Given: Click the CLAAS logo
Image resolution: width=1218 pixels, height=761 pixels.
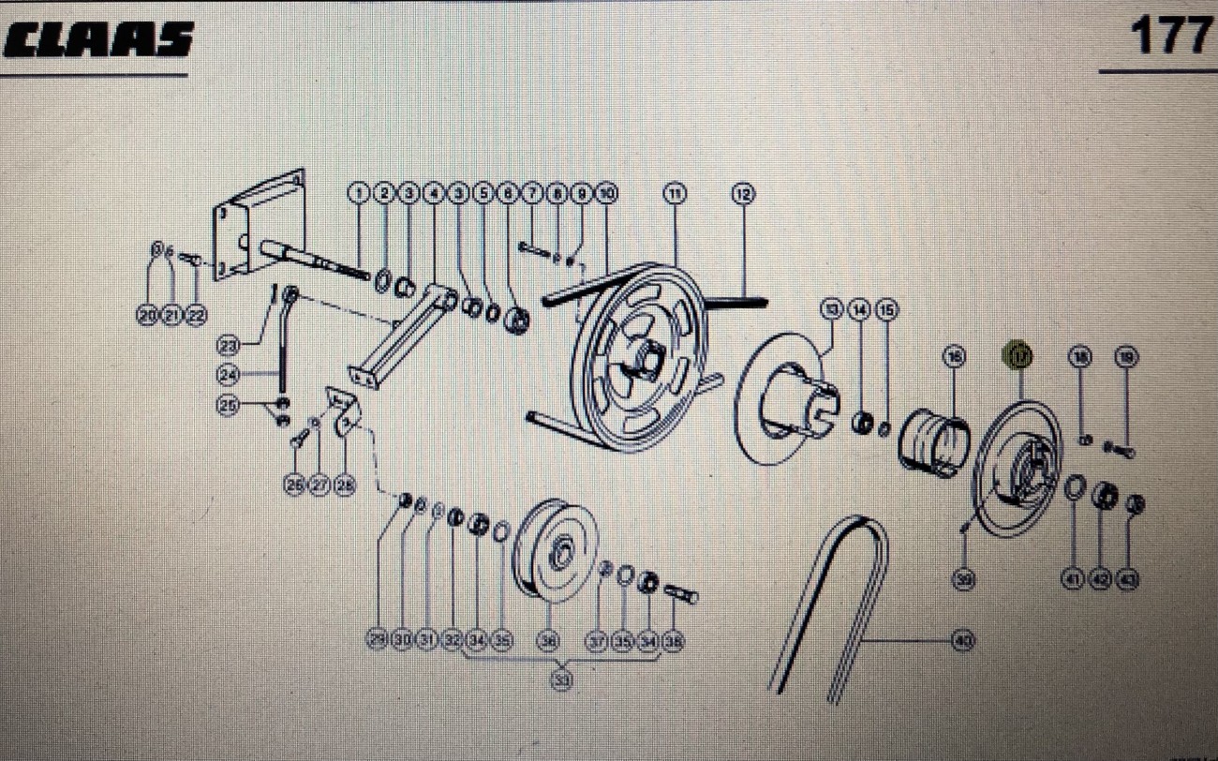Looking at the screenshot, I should pos(97,40).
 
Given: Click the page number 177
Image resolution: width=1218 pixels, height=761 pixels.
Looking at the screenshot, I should pos(1170,36).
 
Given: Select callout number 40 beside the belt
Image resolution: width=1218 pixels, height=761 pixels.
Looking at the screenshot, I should pos(962,641).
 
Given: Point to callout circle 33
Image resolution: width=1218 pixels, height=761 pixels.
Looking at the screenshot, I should pos(561,681).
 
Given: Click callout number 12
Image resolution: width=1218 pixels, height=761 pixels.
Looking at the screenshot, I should pos(743,194).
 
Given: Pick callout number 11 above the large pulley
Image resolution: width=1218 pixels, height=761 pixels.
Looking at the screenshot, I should pos(675,194).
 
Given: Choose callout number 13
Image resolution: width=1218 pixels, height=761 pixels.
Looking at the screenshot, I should pos(832,308).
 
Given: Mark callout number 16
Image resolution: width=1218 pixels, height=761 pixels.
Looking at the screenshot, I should pos(954,356).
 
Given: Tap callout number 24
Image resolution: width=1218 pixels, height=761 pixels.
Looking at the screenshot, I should pos(229,375).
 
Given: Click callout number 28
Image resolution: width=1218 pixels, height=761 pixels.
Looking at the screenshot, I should pos(345,485).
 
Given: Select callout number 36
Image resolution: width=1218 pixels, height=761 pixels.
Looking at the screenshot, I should pos(548,641).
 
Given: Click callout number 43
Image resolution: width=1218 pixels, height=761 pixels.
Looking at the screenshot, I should pos(1129,580).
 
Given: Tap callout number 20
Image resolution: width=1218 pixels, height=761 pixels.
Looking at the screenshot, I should pos(146,316).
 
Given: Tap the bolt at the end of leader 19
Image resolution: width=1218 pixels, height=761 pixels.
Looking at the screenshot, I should pos(1119,450).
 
